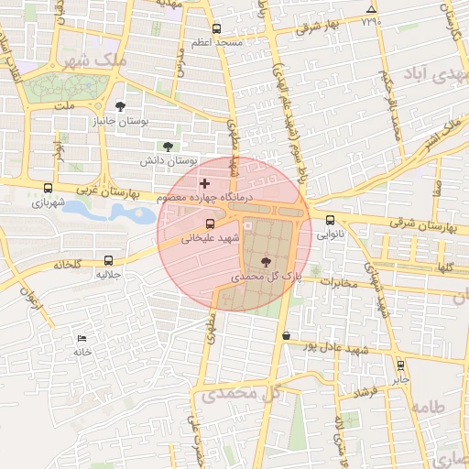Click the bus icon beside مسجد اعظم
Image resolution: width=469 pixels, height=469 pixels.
(x=216, y=28)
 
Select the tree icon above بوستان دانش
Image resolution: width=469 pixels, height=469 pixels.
(x=167, y=146)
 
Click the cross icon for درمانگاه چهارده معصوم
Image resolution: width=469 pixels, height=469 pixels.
(x=204, y=184)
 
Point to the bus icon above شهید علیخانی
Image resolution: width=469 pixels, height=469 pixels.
(x=211, y=223)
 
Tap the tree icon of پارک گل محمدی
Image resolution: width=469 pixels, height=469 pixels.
(x=266, y=261)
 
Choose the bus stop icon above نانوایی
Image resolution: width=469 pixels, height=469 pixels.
(x=330, y=219)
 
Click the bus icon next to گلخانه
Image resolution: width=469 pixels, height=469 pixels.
(x=109, y=259)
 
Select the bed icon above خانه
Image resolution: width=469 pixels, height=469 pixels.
(x=83, y=338)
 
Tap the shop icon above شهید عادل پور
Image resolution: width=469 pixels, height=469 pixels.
(x=287, y=336)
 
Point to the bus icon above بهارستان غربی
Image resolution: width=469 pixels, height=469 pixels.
(x=48, y=188)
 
